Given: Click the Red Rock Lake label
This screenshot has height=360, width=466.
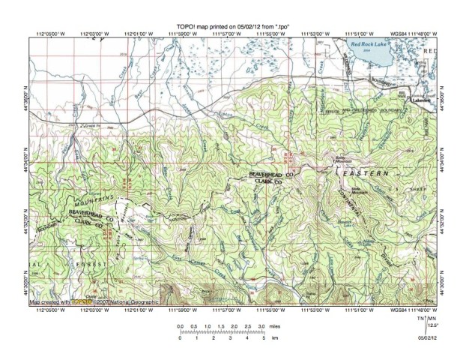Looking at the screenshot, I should [x=372, y=44].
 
